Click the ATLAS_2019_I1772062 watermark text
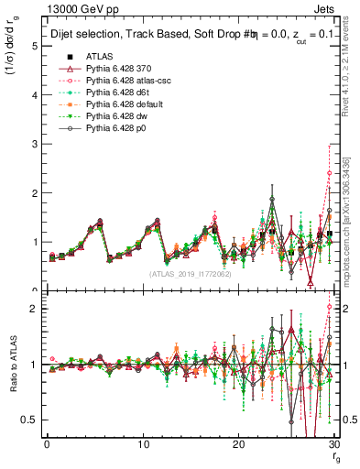pos(190,274)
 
